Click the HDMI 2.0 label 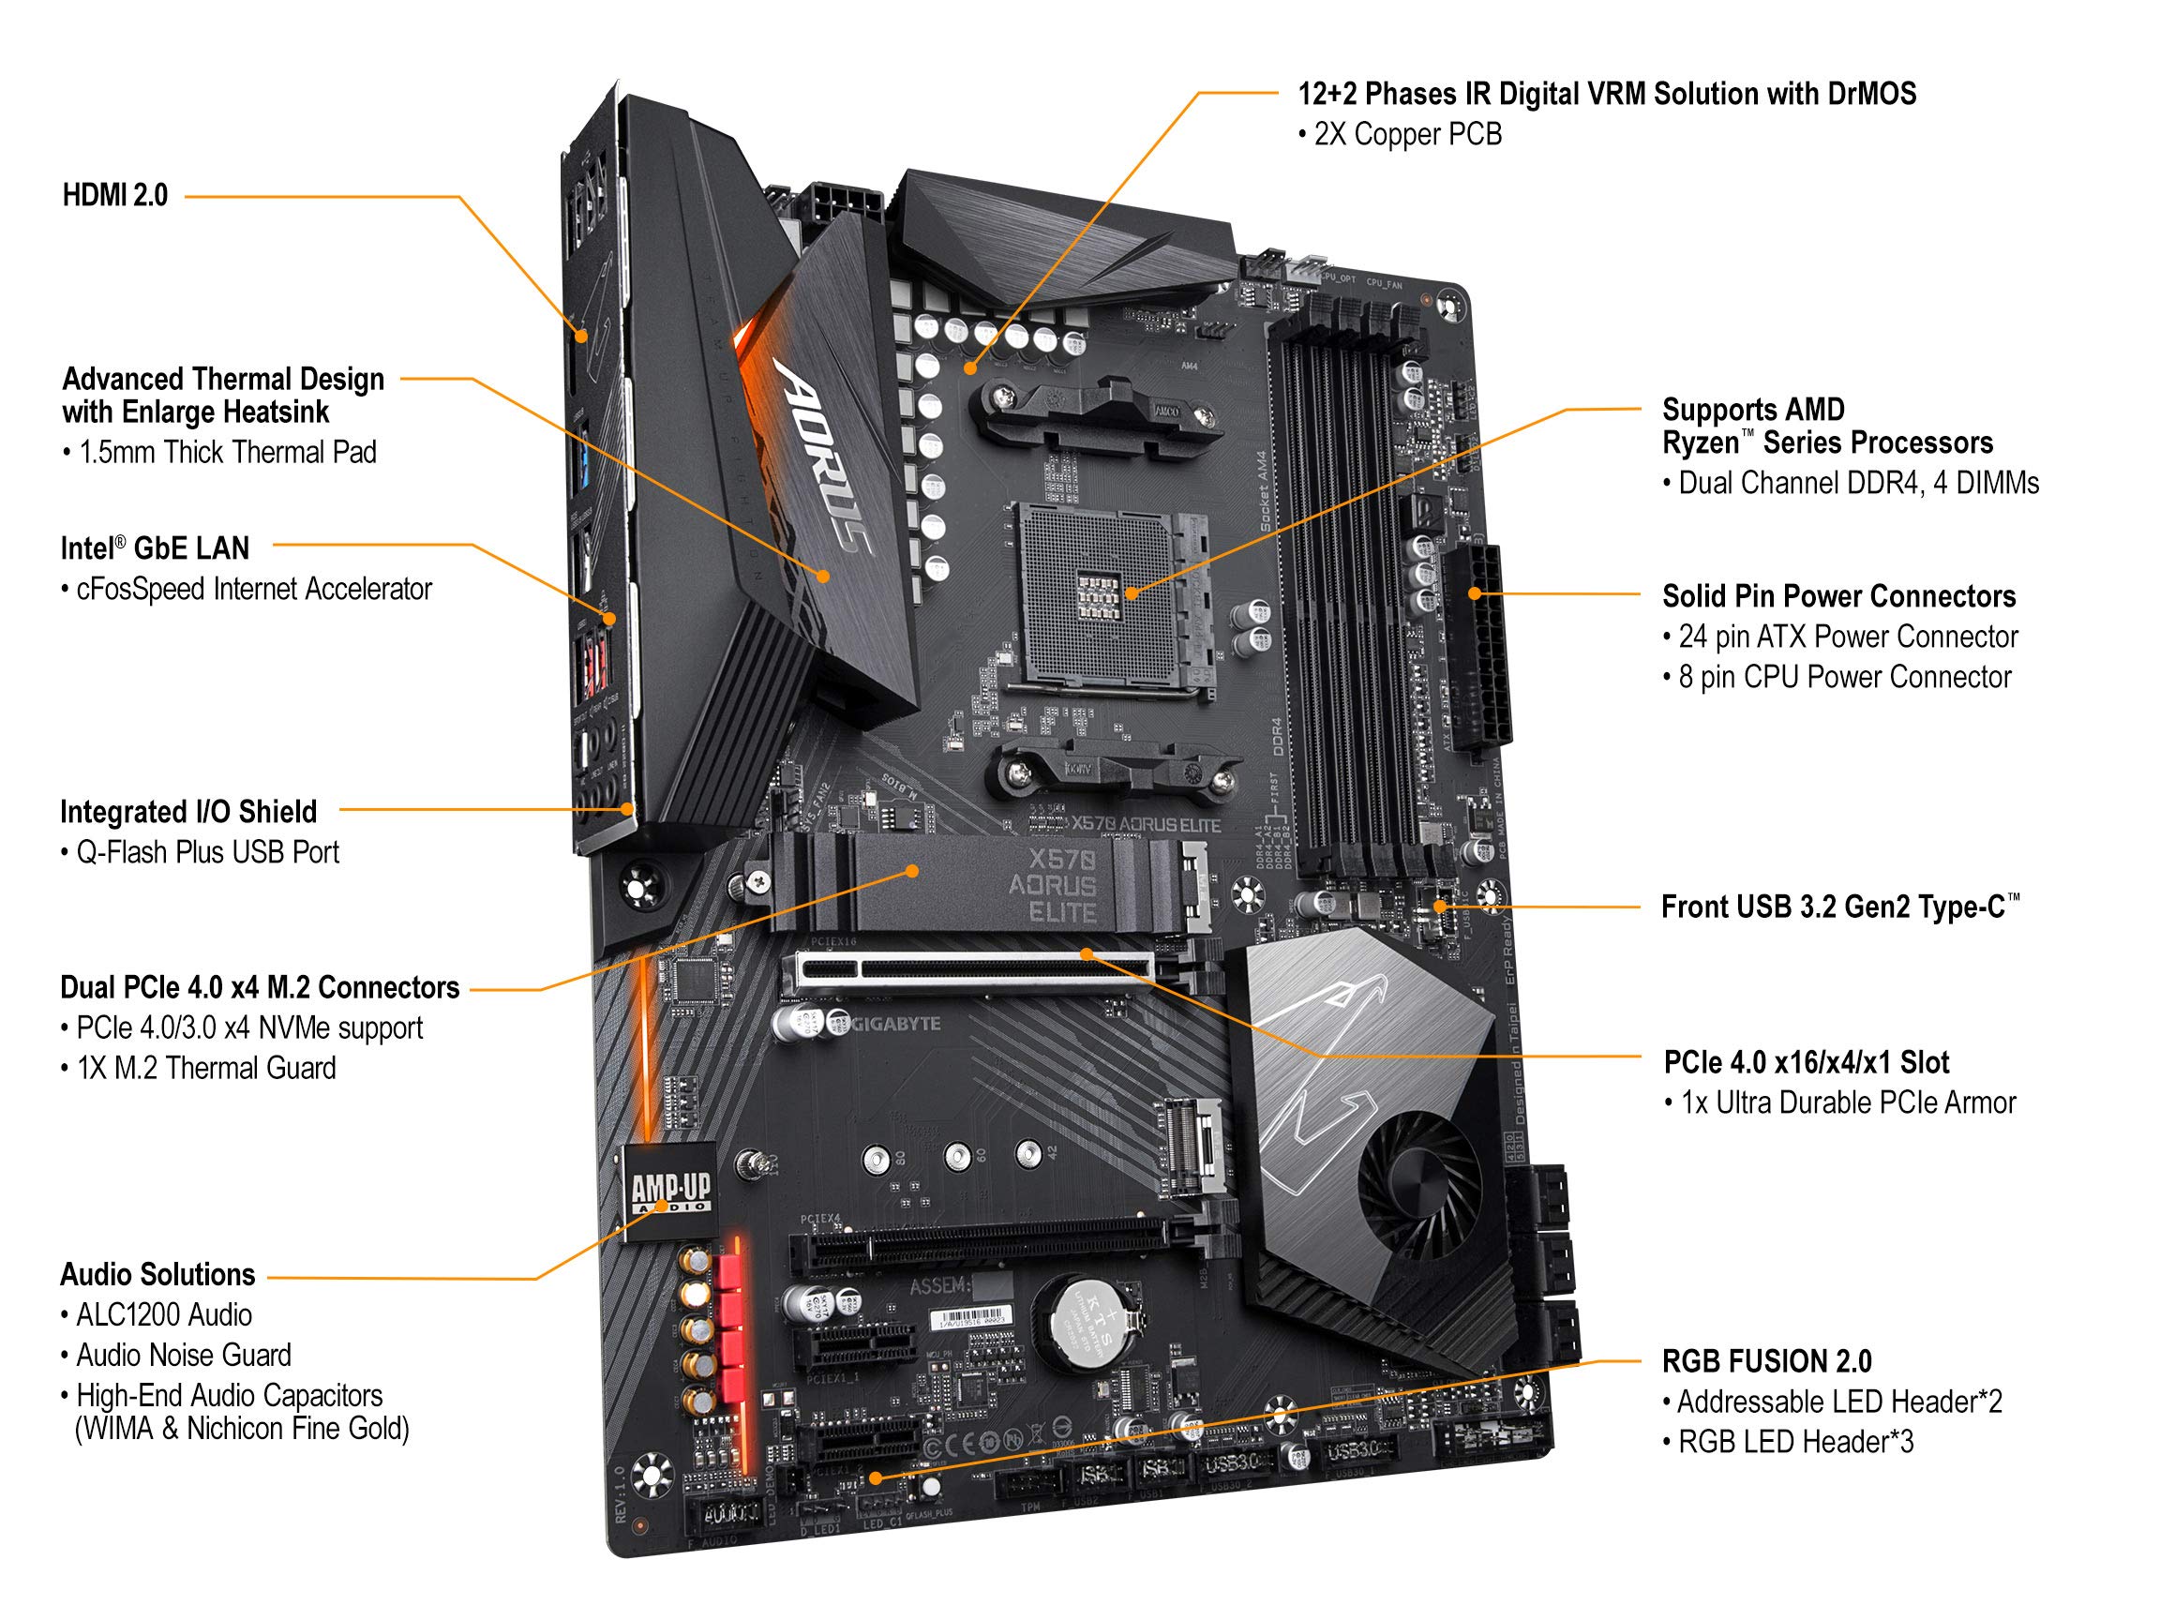click(x=114, y=195)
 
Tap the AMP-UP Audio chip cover click(x=670, y=1192)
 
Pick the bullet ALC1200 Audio click(x=163, y=1315)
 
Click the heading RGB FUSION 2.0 click(x=1766, y=1361)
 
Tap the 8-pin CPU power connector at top click(x=840, y=204)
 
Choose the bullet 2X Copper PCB click(x=1406, y=135)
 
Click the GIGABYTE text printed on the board click(x=894, y=1024)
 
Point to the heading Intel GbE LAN click(x=155, y=548)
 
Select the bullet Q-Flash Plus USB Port click(x=206, y=852)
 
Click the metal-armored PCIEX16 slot click(x=977, y=970)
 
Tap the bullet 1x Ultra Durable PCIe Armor click(x=1847, y=1102)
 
